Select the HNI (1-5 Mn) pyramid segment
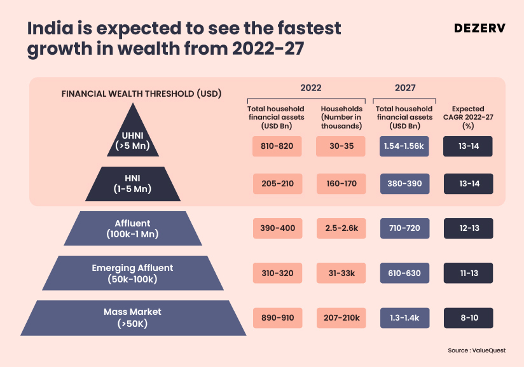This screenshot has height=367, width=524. [x=134, y=184]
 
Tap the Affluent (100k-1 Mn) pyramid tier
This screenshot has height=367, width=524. [x=132, y=228]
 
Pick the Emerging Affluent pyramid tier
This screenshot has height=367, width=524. [x=133, y=274]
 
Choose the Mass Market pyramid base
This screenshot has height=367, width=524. [x=132, y=317]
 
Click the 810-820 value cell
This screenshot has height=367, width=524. [x=277, y=146]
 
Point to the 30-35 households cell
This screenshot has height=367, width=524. [x=341, y=146]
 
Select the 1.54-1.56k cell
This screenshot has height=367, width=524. [x=404, y=146]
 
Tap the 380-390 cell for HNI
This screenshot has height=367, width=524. [x=404, y=184]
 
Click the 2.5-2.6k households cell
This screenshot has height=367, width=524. [x=341, y=228]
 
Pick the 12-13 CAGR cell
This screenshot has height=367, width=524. [x=469, y=228]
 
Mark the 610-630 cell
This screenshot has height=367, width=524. [x=404, y=273]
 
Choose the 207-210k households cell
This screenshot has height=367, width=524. [x=341, y=317]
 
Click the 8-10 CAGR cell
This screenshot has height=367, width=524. [x=469, y=317]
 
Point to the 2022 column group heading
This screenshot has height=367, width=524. [x=311, y=88]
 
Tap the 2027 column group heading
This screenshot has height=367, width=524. [x=405, y=88]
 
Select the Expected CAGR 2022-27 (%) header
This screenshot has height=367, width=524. [x=468, y=118]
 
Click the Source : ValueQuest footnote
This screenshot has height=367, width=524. [x=477, y=350]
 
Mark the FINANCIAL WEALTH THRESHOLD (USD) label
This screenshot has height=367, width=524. [x=141, y=93]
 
